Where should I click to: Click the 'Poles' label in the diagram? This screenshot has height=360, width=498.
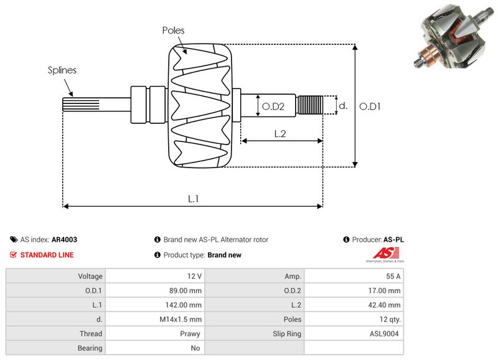(x=173, y=30)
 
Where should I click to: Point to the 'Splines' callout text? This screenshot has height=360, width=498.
(x=62, y=70)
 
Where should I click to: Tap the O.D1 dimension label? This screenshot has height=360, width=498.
(x=370, y=107)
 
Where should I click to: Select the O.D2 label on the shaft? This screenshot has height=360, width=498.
(x=273, y=107)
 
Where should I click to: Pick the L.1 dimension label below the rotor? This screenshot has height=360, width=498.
(x=194, y=198)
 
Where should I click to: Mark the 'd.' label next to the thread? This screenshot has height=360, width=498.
(x=342, y=106)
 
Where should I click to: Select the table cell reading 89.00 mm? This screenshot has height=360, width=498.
(x=185, y=290)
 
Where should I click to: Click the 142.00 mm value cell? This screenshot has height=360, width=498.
(x=185, y=305)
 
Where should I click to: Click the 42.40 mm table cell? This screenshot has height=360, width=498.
(x=385, y=305)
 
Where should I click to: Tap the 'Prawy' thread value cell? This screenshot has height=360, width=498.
(x=191, y=333)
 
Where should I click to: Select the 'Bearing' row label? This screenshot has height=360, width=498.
(x=90, y=348)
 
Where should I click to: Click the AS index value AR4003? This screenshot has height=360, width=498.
(x=64, y=239)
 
